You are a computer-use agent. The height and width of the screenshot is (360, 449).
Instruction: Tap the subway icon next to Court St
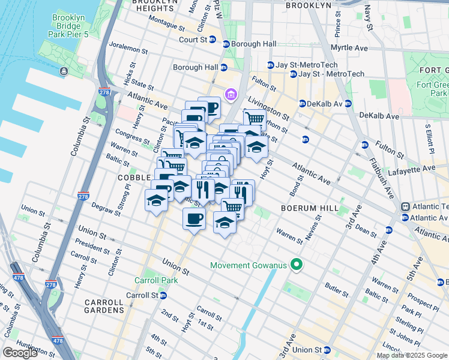pos(226,44)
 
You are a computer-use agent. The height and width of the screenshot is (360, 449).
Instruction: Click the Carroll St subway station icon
pos(163,296)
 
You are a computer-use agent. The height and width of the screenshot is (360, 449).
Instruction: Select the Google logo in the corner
pos(20,353)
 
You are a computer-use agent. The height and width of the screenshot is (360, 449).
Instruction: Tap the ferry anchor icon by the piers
pos(64,71)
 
